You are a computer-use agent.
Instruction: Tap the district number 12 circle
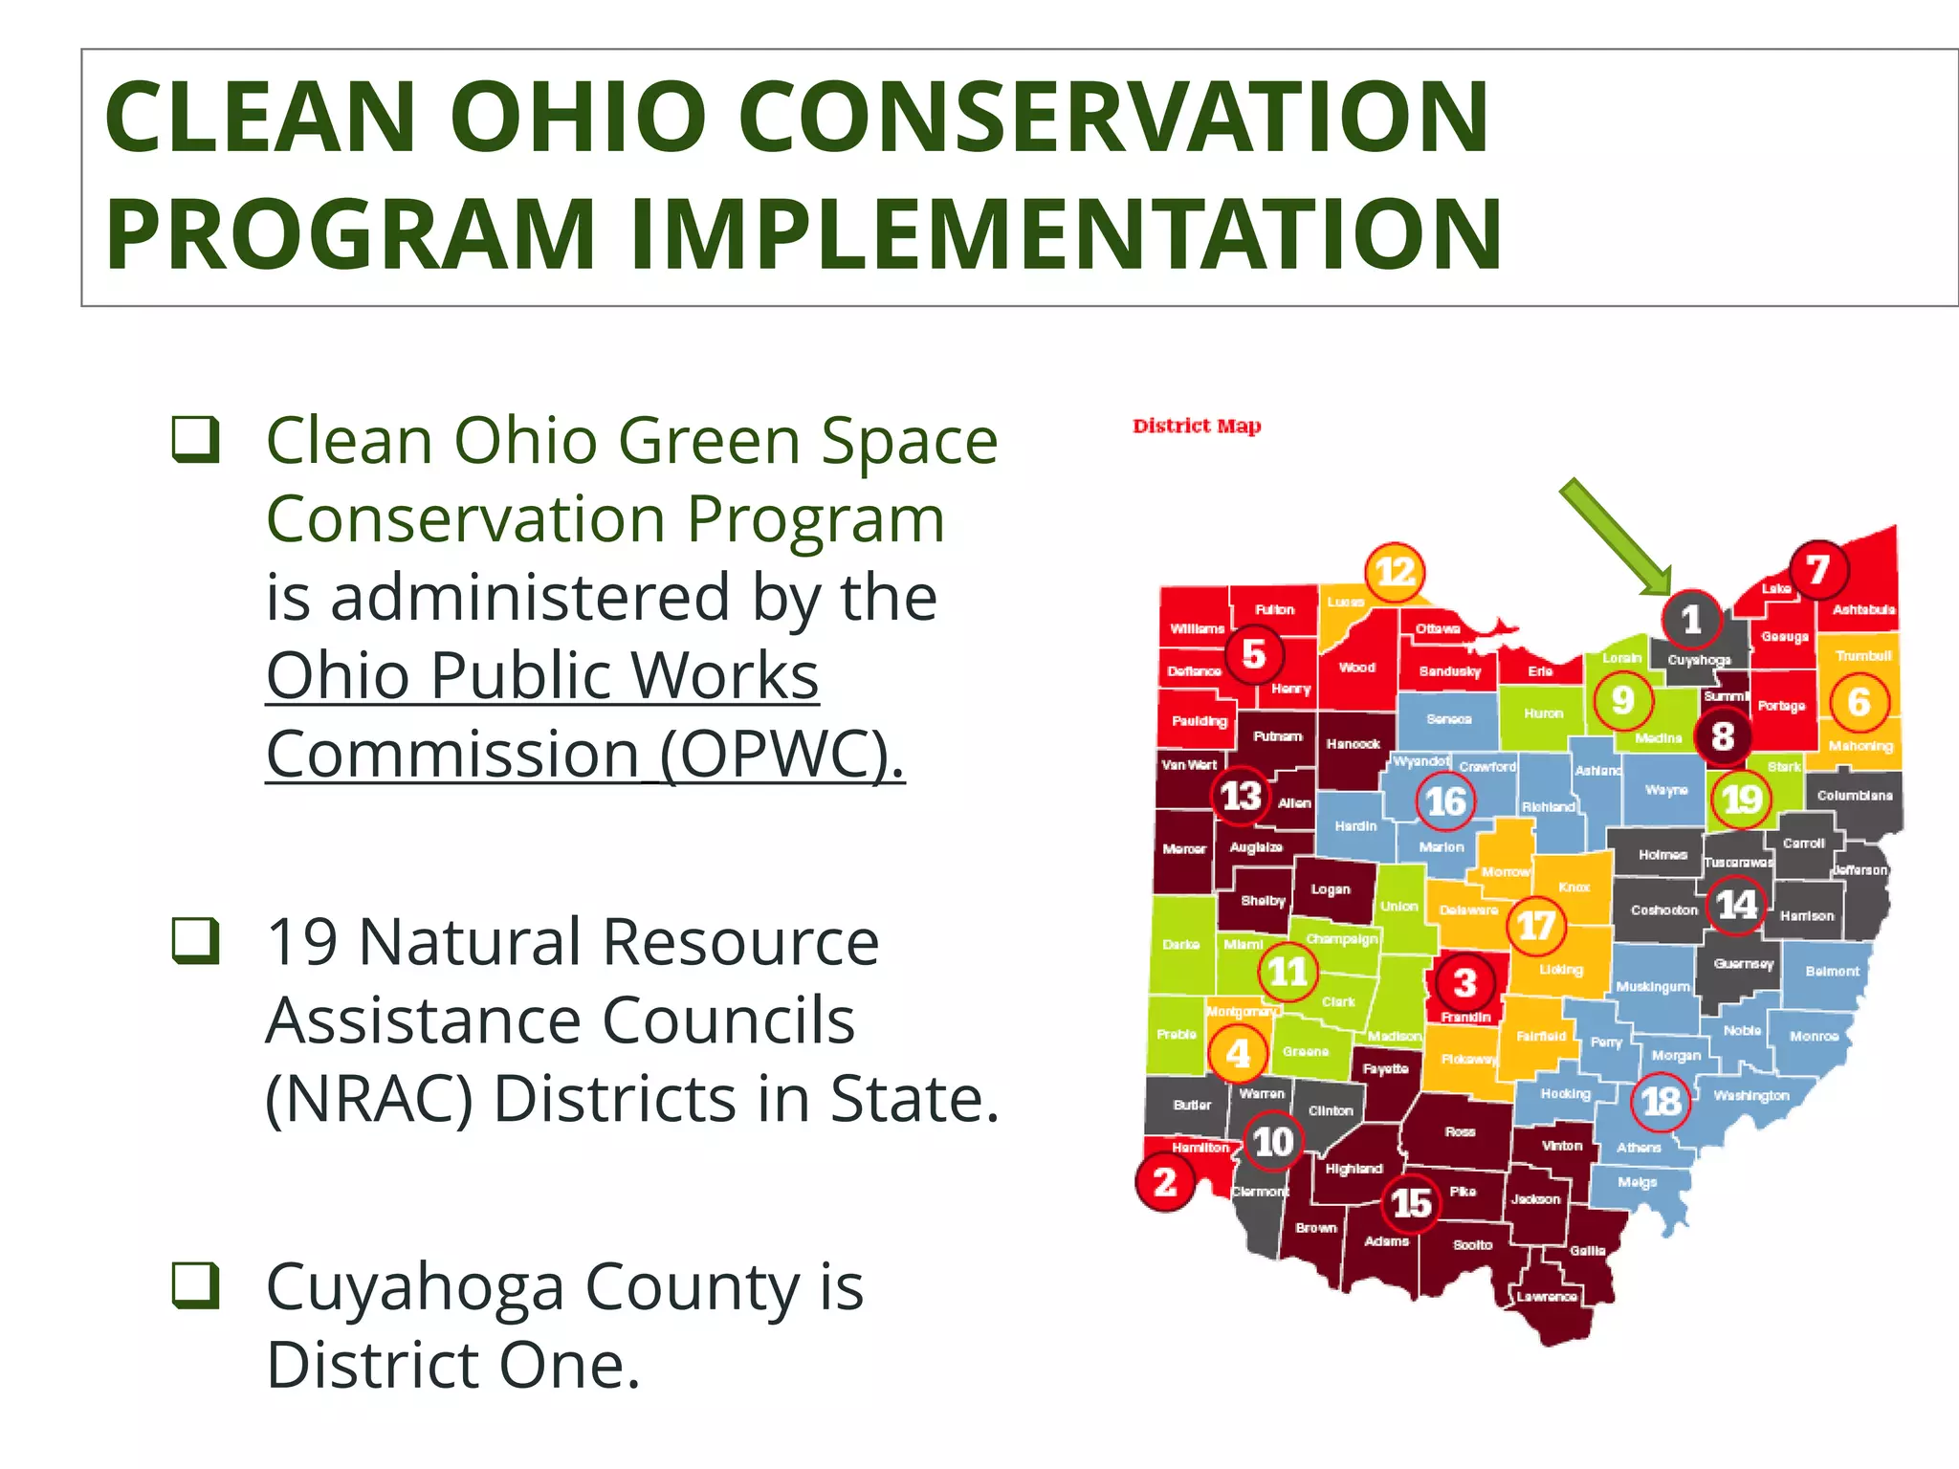coord(1395,572)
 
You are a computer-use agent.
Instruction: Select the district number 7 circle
coord(1818,570)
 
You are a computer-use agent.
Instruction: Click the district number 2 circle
coord(1164,1183)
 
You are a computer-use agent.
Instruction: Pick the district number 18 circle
coord(1661,1102)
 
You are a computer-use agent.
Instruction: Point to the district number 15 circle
coord(1411,1203)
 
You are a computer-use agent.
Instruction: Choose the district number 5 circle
coord(1254,654)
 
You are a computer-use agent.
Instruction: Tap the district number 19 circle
coord(1741,799)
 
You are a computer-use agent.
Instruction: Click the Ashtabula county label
coord(1863,609)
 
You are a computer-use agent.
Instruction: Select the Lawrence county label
coord(1547,1297)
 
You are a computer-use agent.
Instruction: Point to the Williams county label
coord(1197,628)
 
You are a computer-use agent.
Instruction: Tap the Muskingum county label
coord(1652,986)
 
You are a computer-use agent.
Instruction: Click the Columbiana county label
coord(1854,796)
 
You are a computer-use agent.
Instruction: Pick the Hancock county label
coord(1353,743)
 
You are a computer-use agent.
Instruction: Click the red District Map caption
coord(1197,426)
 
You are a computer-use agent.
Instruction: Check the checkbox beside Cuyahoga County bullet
coord(196,1284)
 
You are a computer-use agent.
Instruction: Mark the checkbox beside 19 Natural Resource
coord(196,940)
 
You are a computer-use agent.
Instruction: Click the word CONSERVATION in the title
coord(1112,117)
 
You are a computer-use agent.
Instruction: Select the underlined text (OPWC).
coord(781,755)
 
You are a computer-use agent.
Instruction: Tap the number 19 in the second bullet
coord(301,942)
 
